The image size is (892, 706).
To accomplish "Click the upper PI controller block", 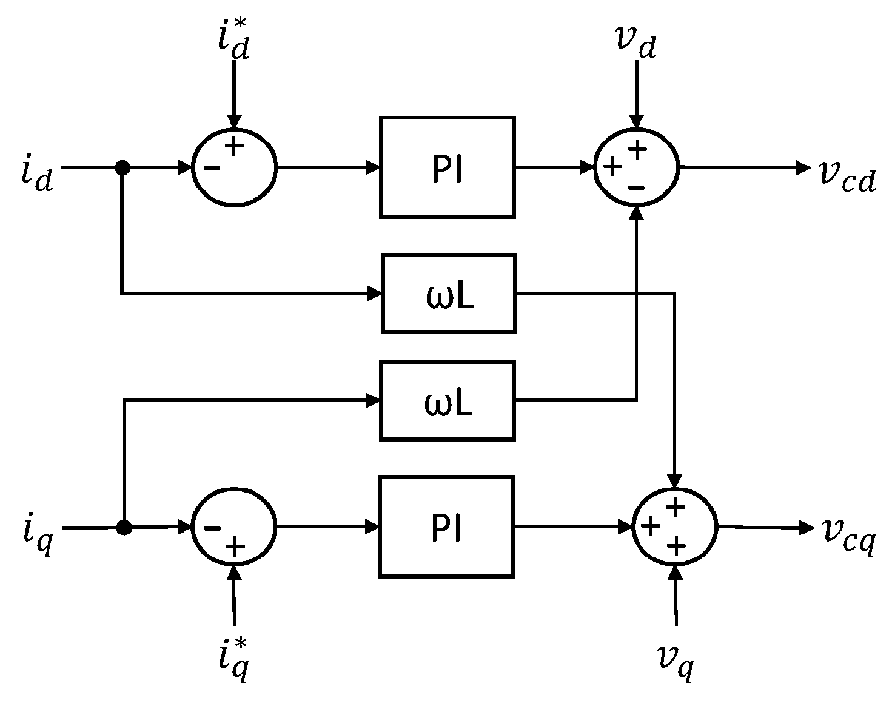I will point(447,167).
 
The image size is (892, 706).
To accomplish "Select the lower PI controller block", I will point(447,526).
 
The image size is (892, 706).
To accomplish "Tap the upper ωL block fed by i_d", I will point(449,294).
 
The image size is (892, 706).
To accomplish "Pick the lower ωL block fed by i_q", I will point(448,400).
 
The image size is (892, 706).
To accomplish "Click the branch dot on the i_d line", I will point(122,167).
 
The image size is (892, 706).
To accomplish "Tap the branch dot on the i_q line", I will point(124,528).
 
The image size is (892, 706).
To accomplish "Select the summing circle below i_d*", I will point(234,168).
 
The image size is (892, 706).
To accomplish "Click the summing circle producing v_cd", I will point(636,168).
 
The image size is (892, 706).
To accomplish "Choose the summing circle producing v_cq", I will point(675,527).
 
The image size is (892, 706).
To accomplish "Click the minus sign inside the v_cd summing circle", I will point(636,189).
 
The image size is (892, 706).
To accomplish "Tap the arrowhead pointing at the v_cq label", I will point(807,528).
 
